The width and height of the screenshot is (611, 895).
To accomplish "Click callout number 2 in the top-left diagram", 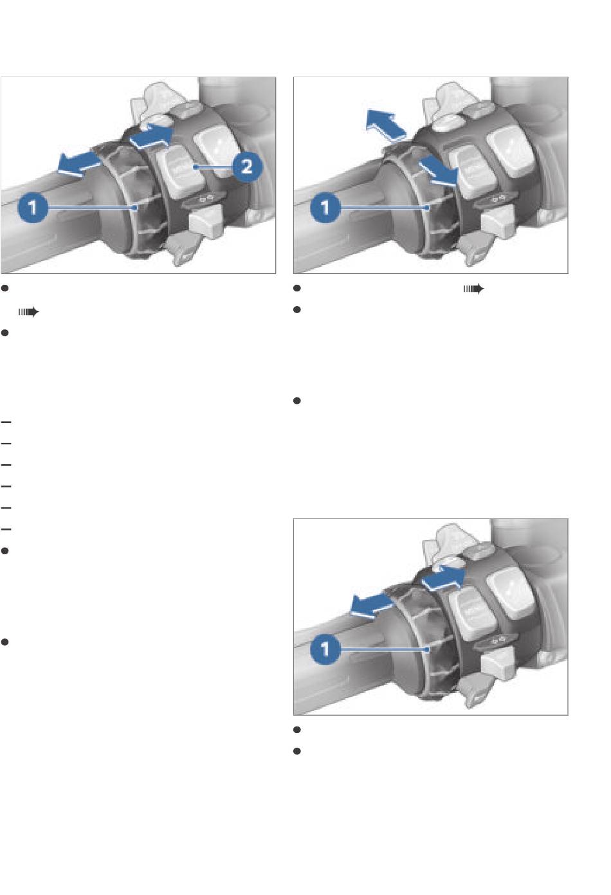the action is coord(247,167).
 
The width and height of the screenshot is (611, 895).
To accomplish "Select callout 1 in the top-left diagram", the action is coord(33,208).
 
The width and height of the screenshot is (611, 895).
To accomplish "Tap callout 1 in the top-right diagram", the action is coord(325,208).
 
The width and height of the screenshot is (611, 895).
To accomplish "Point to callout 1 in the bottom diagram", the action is coord(325,649).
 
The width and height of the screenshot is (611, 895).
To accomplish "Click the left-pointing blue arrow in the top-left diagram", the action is coord(78,163).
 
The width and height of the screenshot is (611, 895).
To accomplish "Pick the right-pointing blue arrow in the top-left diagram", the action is coord(152,136).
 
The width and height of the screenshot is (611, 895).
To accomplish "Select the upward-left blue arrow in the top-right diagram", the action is coord(386,124).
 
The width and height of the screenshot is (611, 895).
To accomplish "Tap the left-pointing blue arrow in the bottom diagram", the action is coord(371,605).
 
